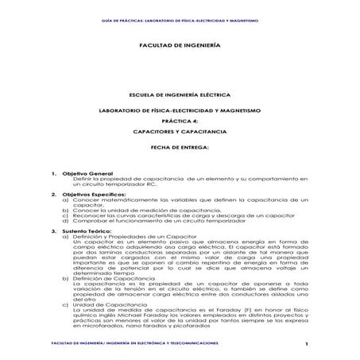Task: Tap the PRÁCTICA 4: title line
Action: click(180, 120)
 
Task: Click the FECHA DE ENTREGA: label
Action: click(180, 148)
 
